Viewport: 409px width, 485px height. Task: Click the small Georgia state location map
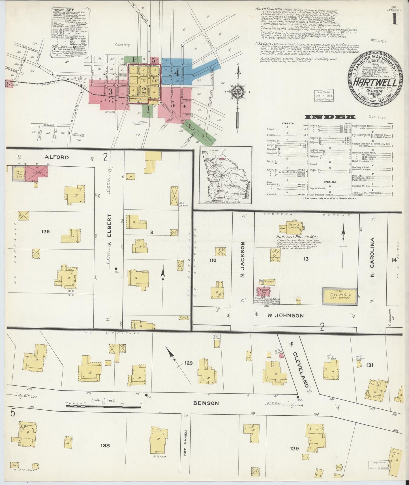click(226, 175)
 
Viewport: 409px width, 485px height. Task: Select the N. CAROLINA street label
click(372, 257)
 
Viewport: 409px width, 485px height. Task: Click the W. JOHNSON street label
click(285, 315)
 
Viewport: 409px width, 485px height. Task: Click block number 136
click(45, 232)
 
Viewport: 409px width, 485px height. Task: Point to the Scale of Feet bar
click(103, 407)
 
